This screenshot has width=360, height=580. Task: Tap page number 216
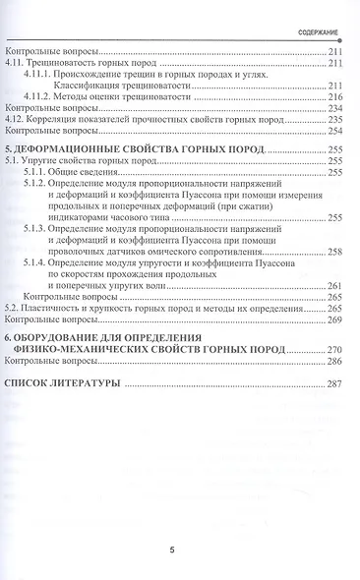click(334, 97)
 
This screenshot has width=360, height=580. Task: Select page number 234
click(334, 108)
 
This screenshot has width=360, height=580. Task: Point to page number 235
click(334, 119)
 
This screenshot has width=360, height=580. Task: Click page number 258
click(334, 253)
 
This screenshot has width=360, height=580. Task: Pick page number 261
click(334, 285)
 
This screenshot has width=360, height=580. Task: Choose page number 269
click(334, 319)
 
